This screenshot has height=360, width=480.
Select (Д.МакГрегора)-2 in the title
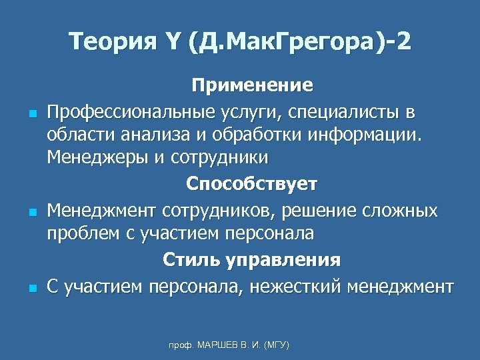click(x=300, y=43)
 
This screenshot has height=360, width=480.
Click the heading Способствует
click(x=252, y=183)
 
